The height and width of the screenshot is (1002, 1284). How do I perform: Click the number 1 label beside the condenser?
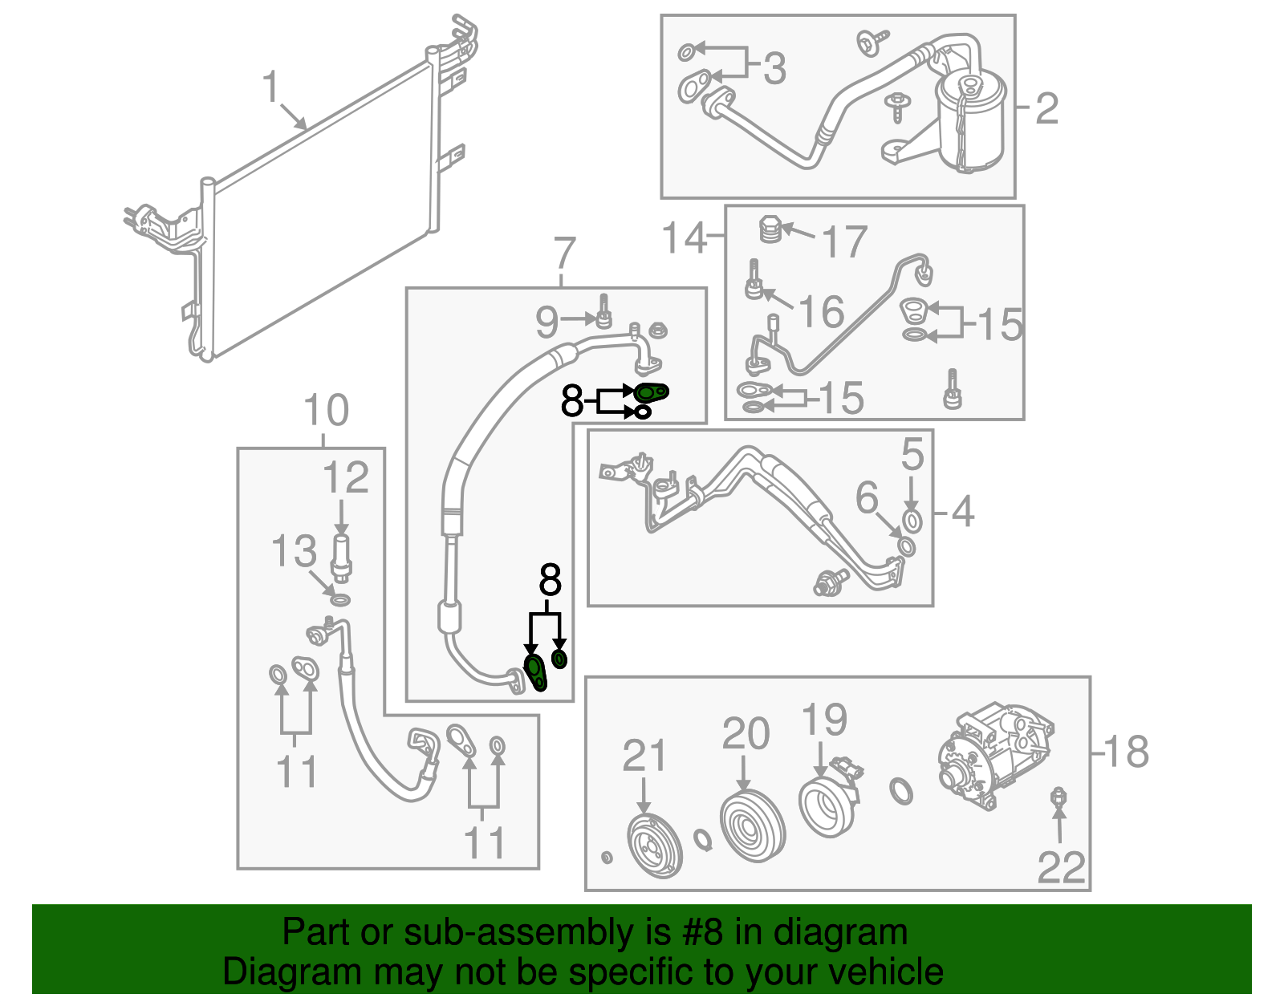point(270,87)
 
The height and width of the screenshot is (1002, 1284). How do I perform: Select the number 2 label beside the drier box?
point(1046,108)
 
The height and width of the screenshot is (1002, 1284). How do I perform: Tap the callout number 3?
point(774,68)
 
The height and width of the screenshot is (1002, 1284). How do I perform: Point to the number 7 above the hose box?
point(564,253)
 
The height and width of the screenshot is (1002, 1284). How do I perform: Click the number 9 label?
point(547,322)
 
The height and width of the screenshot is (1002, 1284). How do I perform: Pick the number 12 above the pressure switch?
point(345,478)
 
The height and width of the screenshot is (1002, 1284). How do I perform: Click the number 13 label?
point(294,552)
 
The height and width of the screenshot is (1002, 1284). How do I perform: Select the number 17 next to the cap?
point(845,241)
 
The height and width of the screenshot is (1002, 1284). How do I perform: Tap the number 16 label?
point(822,312)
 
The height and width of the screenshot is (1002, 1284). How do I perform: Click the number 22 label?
point(1061,867)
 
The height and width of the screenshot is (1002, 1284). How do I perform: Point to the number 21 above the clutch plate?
point(644,756)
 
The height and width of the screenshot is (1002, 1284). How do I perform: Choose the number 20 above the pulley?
point(746,733)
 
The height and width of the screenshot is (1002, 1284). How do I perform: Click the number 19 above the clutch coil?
point(824,720)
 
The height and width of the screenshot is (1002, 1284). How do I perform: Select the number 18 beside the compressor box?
point(1127,752)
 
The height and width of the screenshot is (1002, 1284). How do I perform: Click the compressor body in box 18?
point(995,754)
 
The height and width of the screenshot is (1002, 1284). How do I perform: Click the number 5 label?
point(912,454)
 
